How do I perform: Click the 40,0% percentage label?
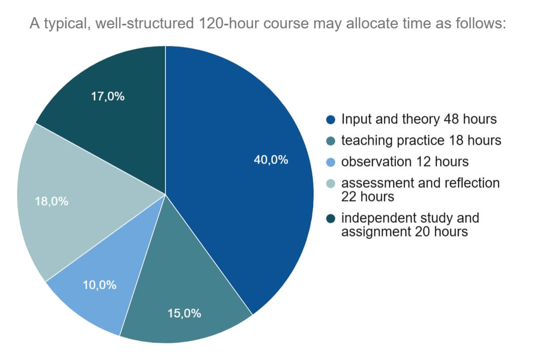coord(271,160)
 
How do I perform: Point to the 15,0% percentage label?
coord(184,313)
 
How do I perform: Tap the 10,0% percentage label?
coord(100,285)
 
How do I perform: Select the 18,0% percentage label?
coord(52,201)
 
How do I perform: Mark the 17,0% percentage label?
coord(108,96)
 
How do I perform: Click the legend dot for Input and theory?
coord(331,120)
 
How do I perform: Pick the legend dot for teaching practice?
coord(331,141)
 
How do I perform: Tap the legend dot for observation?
coord(331,162)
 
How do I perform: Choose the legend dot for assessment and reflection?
coord(331,183)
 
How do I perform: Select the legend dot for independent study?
coord(331,219)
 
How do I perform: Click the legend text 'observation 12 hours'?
coord(404,162)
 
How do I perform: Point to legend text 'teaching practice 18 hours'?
coord(421,140)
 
